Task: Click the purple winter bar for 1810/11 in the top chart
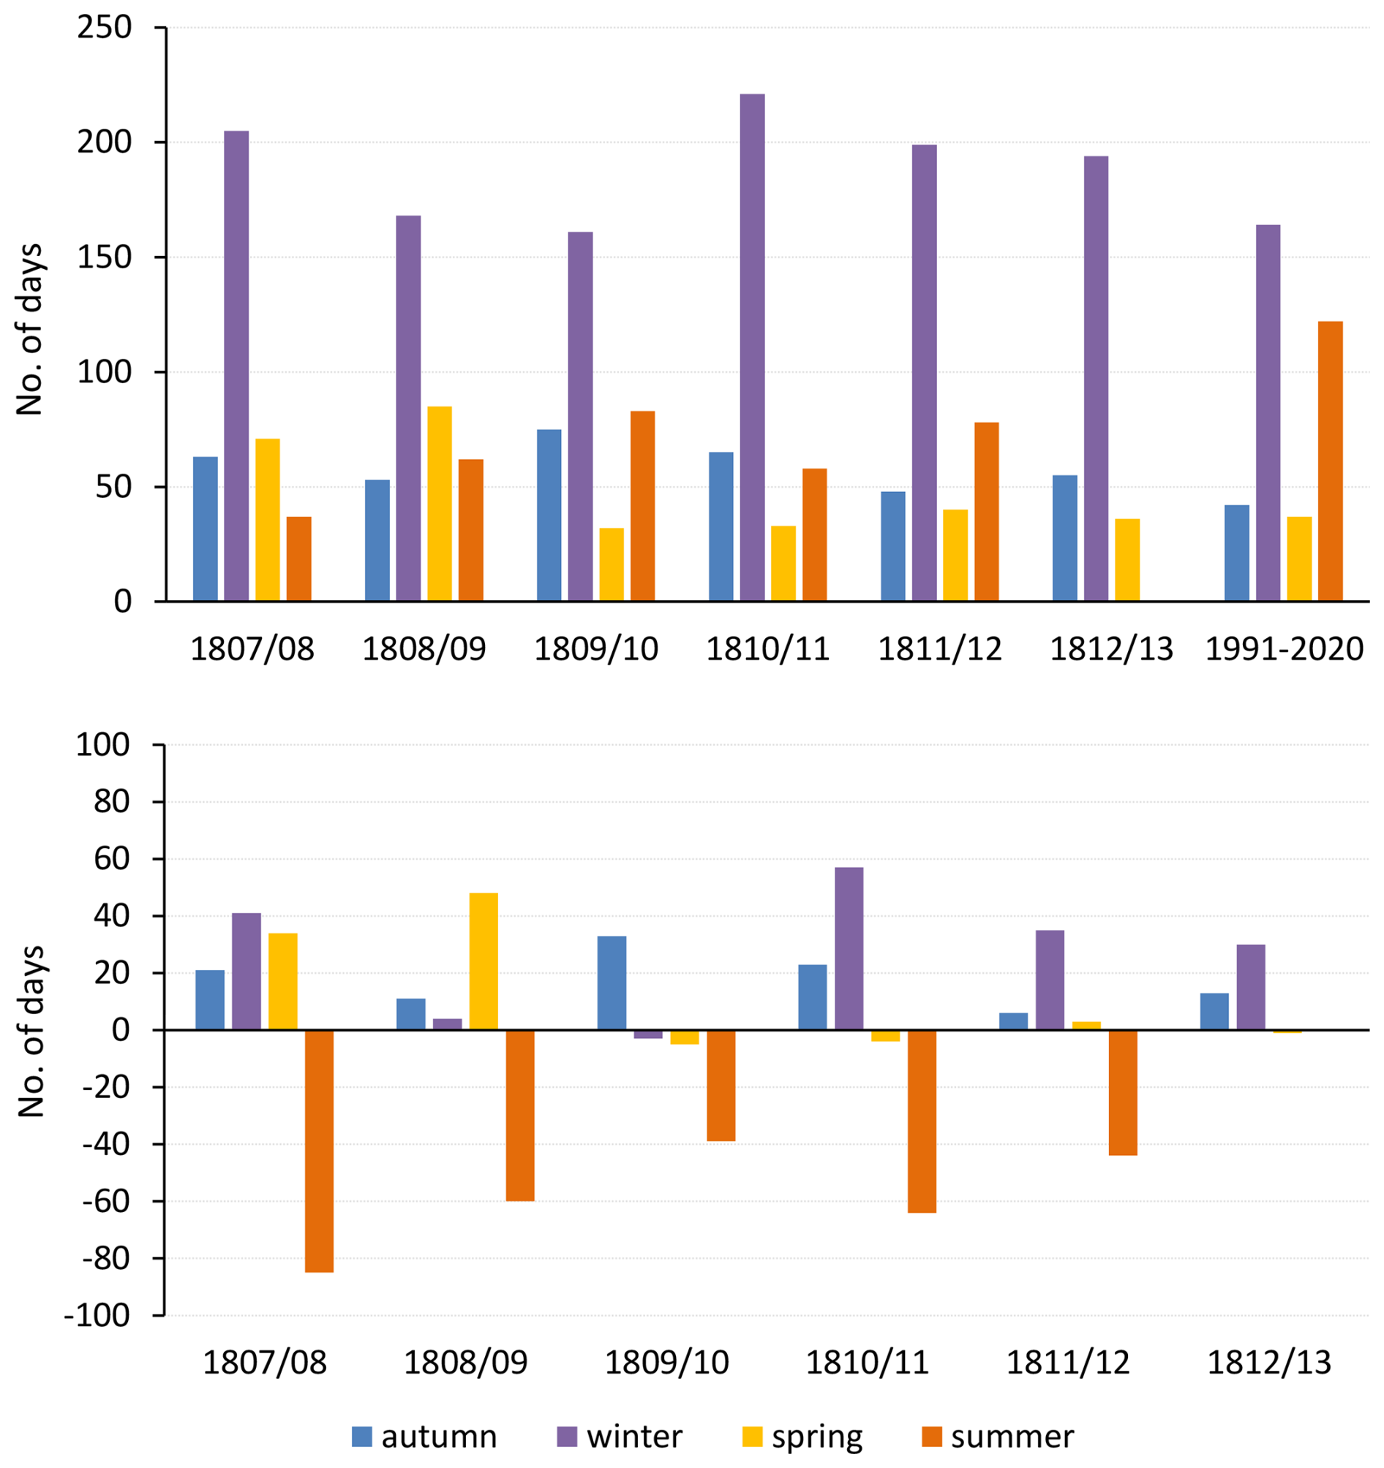click(752, 348)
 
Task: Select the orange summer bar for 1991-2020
click(1330, 461)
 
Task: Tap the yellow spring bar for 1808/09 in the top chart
click(440, 504)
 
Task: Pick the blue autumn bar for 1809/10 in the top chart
click(549, 515)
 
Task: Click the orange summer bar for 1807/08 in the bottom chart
click(319, 1151)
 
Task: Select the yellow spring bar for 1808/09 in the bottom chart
click(484, 961)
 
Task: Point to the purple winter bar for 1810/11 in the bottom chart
click(849, 948)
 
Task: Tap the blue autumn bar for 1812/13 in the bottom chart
click(1215, 1011)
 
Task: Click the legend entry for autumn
click(424, 1437)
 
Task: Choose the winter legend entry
click(620, 1437)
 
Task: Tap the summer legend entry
click(998, 1437)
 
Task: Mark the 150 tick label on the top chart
click(104, 257)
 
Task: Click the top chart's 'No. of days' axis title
click(29, 329)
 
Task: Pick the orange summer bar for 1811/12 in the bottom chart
click(1123, 1093)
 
